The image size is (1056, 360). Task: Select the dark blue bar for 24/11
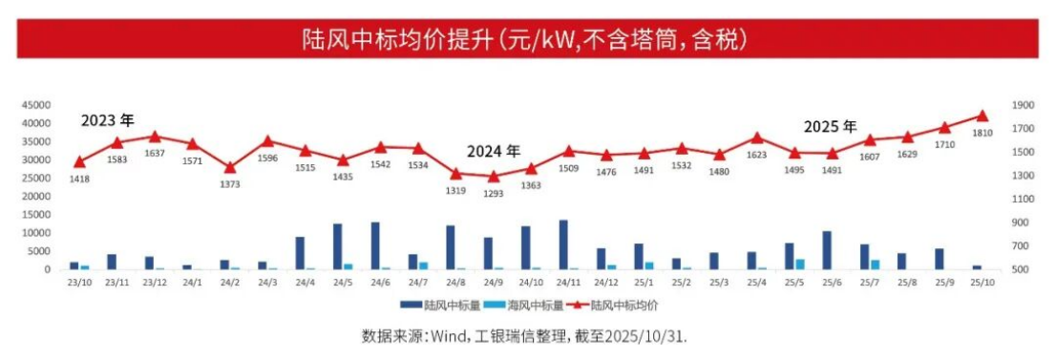(563, 245)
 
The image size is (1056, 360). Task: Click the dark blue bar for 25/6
(827, 250)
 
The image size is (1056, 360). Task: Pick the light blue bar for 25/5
(800, 265)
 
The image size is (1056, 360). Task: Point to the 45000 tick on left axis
(35, 105)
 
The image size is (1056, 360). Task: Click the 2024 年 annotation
(494, 151)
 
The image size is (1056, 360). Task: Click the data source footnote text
(524, 337)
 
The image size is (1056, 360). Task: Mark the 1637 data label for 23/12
(155, 153)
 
